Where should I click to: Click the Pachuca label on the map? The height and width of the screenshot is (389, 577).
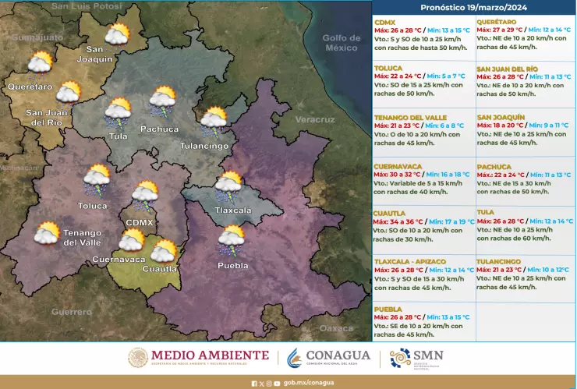pyautogui.click(x=159, y=129)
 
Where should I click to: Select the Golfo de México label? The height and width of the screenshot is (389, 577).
pyautogui.click(x=341, y=42)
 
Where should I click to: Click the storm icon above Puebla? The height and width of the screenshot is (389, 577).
pyautogui.click(x=231, y=240)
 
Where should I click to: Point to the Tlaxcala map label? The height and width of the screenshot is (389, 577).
pyautogui.click(x=233, y=210)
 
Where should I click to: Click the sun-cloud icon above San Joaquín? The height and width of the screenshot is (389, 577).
pyautogui.click(x=117, y=34)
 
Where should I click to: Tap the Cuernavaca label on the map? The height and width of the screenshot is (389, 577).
pyautogui.click(x=119, y=259)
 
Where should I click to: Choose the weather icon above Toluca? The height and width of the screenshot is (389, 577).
pyautogui.click(x=97, y=179)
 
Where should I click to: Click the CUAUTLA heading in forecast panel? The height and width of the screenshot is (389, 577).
pyautogui.click(x=389, y=212)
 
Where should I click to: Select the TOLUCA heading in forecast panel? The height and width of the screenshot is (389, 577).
pyautogui.click(x=388, y=68)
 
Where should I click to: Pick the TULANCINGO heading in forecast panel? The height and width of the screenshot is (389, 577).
pyautogui.click(x=498, y=261)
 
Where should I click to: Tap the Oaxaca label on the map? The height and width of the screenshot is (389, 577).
pyautogui.click(x=336, y=328)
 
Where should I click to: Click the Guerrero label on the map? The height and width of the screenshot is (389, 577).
pyautogui.click(x=71, y=311)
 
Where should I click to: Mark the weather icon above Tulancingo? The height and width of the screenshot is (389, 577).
pyautogui.click(x=213, y=120)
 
